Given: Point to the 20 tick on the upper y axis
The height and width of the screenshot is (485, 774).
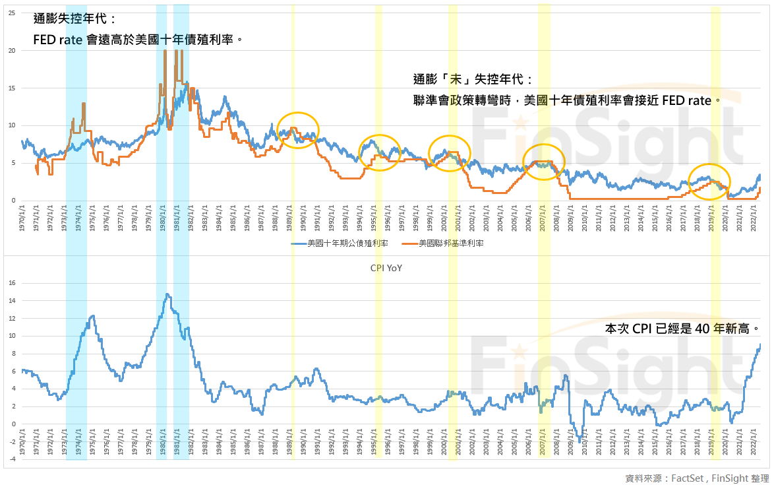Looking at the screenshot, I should tap(11, 50).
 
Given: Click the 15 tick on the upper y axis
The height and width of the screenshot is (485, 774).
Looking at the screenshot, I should tap(11, 88).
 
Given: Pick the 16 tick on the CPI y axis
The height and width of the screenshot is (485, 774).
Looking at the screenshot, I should tap(12, 283).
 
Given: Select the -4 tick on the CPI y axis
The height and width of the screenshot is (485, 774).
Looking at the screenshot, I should tap(12, 459).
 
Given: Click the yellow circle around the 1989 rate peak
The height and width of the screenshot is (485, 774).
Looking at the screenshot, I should tap(298, 130).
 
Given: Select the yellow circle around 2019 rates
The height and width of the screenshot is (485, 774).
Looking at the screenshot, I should tap(709, 181).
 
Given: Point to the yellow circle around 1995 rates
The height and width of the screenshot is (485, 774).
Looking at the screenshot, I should tap(380, 152).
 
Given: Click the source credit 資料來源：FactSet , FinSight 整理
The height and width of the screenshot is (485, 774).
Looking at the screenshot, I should tap(697, 478).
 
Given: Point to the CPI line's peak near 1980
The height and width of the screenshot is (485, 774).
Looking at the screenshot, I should tap(167, 294).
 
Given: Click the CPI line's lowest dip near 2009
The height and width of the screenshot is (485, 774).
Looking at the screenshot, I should tap(580, 441).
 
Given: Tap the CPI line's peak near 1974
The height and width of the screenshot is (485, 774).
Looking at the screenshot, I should tap(93, 316).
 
